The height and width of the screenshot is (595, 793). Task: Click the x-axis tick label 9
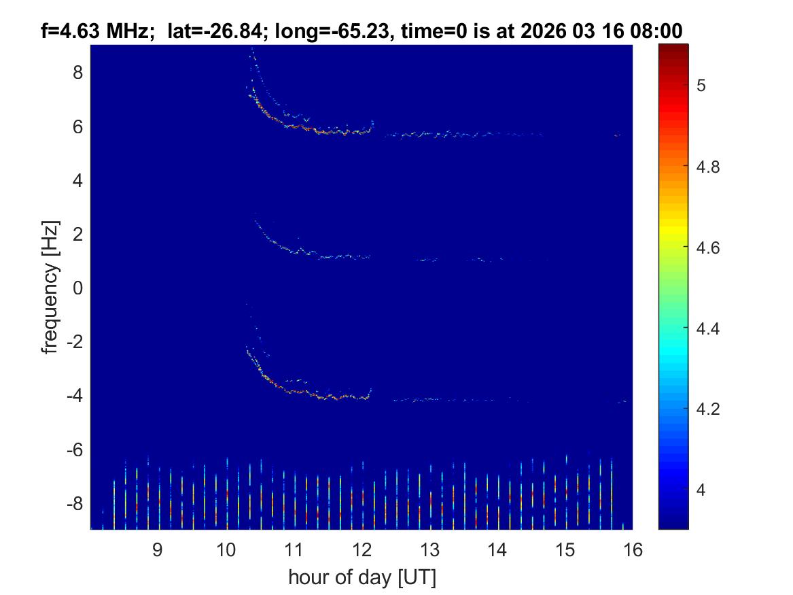157,550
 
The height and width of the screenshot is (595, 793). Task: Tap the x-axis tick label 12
361,550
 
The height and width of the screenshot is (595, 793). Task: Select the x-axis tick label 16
633,550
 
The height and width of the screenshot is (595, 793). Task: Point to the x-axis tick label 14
497,550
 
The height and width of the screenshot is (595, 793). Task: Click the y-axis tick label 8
77,73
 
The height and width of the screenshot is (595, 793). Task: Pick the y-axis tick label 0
77,288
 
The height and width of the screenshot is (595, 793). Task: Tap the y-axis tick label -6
73,450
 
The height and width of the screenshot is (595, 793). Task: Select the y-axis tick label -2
73,342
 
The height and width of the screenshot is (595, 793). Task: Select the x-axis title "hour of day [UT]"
361,577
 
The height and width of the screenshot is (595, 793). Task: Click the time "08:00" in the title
658,30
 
